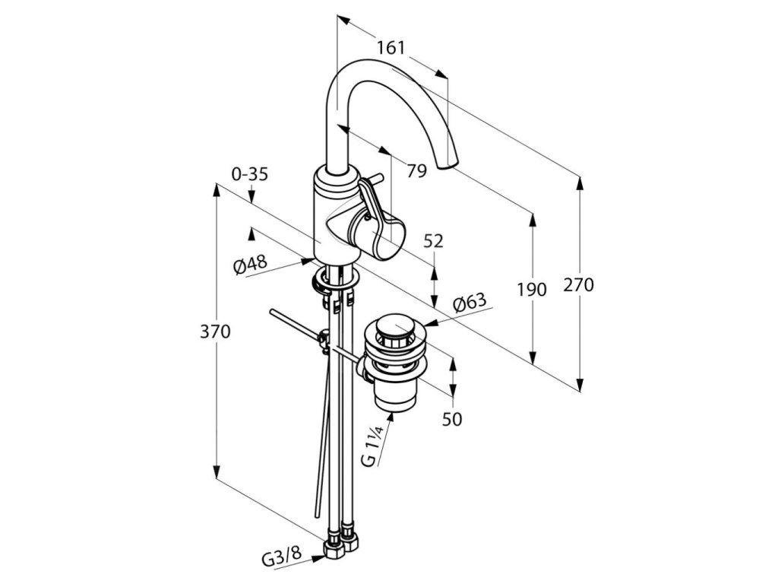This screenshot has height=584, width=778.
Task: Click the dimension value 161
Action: [x=391, y=48]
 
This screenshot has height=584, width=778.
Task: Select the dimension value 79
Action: [x=416, y=170]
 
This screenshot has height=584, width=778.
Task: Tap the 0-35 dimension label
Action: [x=250, y=174]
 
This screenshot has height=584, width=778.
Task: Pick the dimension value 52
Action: [x=433, y=241]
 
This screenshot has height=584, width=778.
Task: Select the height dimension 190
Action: [x=532, y=290]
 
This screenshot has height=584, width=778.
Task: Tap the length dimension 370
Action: [x=216, y=332]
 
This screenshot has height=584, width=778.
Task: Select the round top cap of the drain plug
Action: [x=393, y=328]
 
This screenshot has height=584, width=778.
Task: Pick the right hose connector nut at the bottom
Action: [x=352, y=544]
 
